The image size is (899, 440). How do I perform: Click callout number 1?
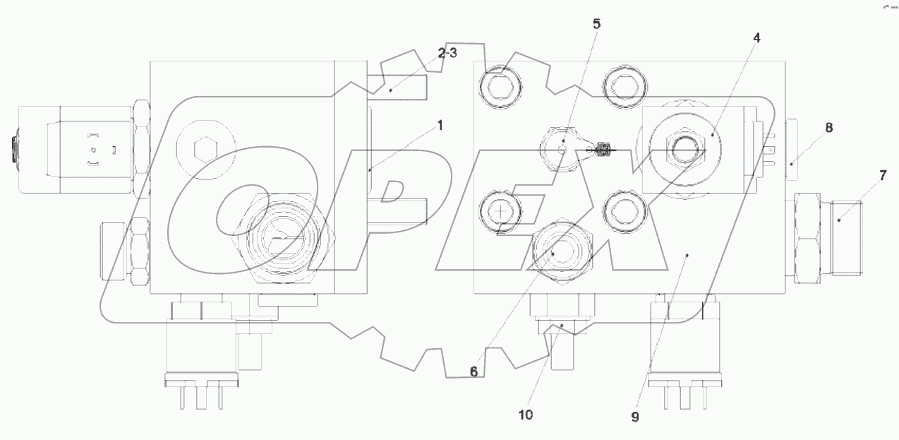[x=440, y=126]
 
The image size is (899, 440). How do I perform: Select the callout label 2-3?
[x=447, y=53]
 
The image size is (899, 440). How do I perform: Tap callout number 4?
[x=756, y=38]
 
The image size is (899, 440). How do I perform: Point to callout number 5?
[x=596, y=23]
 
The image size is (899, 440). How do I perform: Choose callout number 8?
[x=829, y=127]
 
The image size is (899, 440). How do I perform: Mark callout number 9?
[x=634, y=417]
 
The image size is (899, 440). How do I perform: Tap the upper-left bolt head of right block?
[x=500, y=88]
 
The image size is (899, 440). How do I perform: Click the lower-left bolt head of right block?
[x=500, y=210]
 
